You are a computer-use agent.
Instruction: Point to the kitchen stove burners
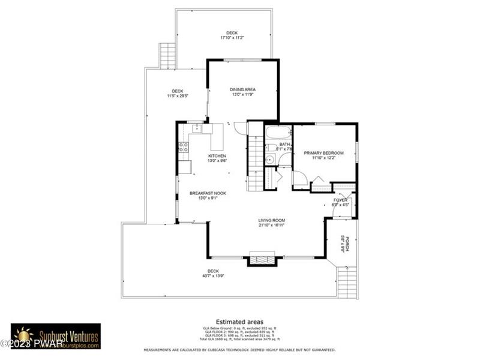pyautogui.click(x=183, y=145)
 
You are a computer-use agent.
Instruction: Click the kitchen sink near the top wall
pyautogui.click(x=197, y=128)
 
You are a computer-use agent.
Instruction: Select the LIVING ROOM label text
pyautogui.click(x=272, y=220)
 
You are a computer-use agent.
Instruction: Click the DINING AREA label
pyautogui.click(x=242, y=89)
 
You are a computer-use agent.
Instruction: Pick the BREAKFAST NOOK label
pyautogui.click(x=203, y=193)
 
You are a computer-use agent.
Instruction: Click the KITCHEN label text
pyautogui.click(x=200, y=155)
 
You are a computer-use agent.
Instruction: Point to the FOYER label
pyautogui.click(x=340, y=200)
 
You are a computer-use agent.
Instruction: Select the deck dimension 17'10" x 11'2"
pyautogui.click(x=232, y=38)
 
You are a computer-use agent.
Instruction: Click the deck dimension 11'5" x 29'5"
pyautogui.click(x=178, y=96)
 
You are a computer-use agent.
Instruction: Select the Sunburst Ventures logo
pyautogui.click(x=56, y=335)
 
